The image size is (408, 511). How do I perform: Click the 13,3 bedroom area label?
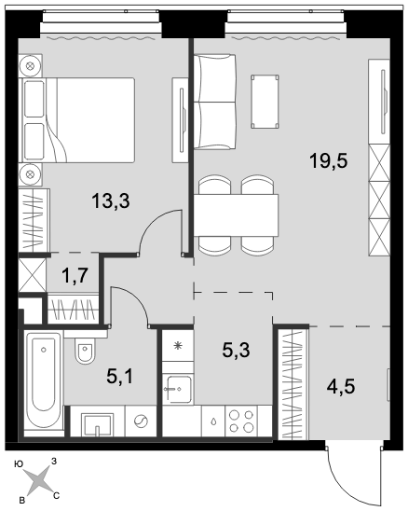[111, 201]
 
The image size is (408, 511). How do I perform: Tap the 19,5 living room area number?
[329, 161]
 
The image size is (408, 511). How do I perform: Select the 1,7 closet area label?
[75, 276]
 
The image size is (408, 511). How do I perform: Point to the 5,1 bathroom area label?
[120, 377]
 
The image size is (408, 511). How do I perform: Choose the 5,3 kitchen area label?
[236, 351]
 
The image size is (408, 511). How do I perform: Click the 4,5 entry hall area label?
[341, 387]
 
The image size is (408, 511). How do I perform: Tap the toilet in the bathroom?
[86, 351]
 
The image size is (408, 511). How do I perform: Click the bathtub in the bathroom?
[43, 380]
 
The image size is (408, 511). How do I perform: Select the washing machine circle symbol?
[141, 421]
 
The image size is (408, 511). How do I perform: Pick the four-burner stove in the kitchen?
[241, 421]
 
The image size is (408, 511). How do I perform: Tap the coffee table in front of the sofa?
[265, 102]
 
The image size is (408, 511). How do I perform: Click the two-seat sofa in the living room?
[214, 102]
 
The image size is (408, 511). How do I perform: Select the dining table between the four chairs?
[237, 215]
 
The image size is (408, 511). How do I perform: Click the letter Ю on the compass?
[19, 464]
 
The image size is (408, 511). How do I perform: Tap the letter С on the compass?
[56, 496]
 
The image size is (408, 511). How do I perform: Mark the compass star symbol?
[38, 480]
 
